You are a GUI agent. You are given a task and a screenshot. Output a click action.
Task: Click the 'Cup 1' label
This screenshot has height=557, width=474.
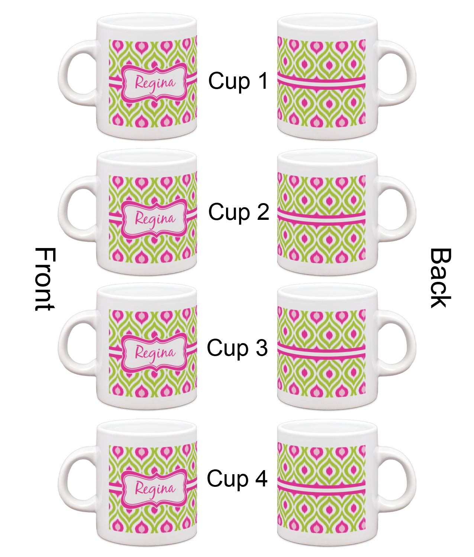coord(238,81)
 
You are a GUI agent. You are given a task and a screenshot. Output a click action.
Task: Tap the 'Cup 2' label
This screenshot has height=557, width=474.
coord(238,212)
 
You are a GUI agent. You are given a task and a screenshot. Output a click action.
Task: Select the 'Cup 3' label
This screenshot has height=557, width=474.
coord(237,348)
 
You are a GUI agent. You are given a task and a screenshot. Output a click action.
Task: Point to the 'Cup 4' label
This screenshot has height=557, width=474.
coord(237,478)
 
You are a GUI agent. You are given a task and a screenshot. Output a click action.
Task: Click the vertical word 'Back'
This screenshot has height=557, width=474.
coord(441,278)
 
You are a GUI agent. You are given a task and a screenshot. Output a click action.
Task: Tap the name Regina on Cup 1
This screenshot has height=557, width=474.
coord(154,83)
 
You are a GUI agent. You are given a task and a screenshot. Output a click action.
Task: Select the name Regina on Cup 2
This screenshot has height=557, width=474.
coord(154,218)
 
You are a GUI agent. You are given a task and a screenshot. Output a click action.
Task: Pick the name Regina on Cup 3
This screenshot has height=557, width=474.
coord(154,353)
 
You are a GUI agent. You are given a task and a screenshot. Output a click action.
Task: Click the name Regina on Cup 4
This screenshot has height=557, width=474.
coord(154,489)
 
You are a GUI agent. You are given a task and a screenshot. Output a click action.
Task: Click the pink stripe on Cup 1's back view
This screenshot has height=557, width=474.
coord(321,79)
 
